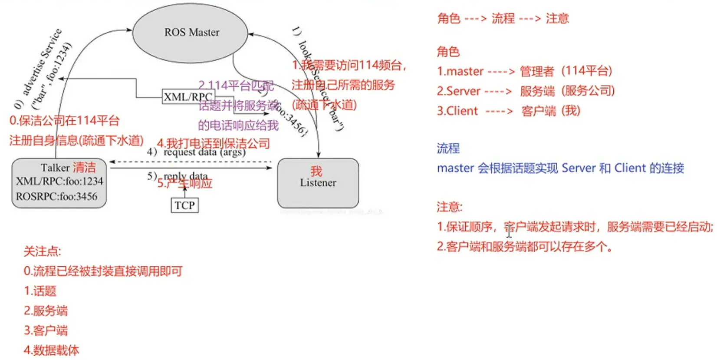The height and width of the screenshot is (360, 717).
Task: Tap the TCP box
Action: tap(184, 205)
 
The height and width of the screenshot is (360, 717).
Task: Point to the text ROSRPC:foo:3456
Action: tap(57, 197)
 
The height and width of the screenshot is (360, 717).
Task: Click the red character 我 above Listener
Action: tap(316, 171)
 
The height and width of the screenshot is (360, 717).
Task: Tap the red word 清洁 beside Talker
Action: tap(84, 168)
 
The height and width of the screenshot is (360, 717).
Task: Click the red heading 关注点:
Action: tap(43, 251)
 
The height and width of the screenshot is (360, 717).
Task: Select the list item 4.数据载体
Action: tap(52, 350)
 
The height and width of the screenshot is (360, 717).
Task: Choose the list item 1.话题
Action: tap(40, 291)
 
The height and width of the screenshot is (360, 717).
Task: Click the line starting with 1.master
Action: tap(524, 71)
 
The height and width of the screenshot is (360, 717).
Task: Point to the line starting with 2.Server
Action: tap(526, 91)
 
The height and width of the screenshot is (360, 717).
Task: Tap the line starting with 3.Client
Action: tap(508, 111)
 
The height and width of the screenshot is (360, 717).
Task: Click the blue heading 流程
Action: tap(448, 149)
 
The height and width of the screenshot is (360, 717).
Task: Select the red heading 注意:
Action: tap(450, 207)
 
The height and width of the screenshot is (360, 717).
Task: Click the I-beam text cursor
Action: tap(509, 231)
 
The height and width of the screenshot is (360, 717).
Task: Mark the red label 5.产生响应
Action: tap(185, 184)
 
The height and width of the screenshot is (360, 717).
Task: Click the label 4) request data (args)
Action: tap(196, 152)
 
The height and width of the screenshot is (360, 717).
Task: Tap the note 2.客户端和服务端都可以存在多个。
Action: tap(525, 247)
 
